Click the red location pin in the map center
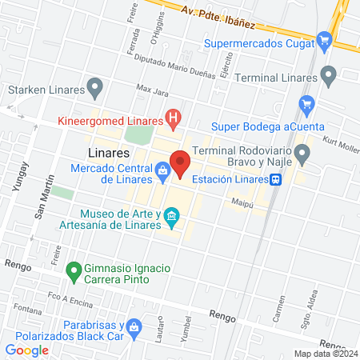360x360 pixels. click(180, 163)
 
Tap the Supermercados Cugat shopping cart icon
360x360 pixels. click(324, 39)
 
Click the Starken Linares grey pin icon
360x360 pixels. click(95, 85)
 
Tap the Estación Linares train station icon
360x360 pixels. click(274, 180)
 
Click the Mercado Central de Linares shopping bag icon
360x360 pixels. click(162, 170)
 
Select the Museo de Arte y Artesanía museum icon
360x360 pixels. click(170, 216)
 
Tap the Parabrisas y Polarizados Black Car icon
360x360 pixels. click(134, 326)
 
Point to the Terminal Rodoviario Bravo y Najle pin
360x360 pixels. click(302, 152)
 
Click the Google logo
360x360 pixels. click(27, 350)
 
